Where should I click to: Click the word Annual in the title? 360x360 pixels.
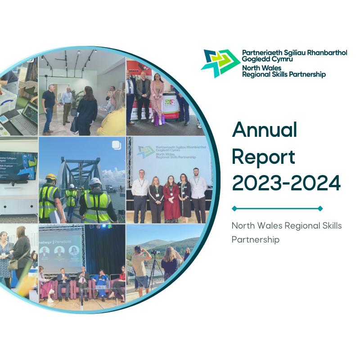click(265, 130)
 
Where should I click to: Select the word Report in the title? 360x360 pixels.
click(264, 157)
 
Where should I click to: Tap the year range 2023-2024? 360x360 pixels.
click(286, 183)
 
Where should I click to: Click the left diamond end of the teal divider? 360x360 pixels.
click(234, 208)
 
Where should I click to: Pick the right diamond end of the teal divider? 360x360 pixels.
click(320, 208)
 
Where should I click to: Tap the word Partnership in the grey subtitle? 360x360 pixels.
click(255, 239)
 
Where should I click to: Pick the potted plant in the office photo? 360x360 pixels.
click(77, 101)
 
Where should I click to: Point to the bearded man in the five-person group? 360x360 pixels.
click(197, 191)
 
